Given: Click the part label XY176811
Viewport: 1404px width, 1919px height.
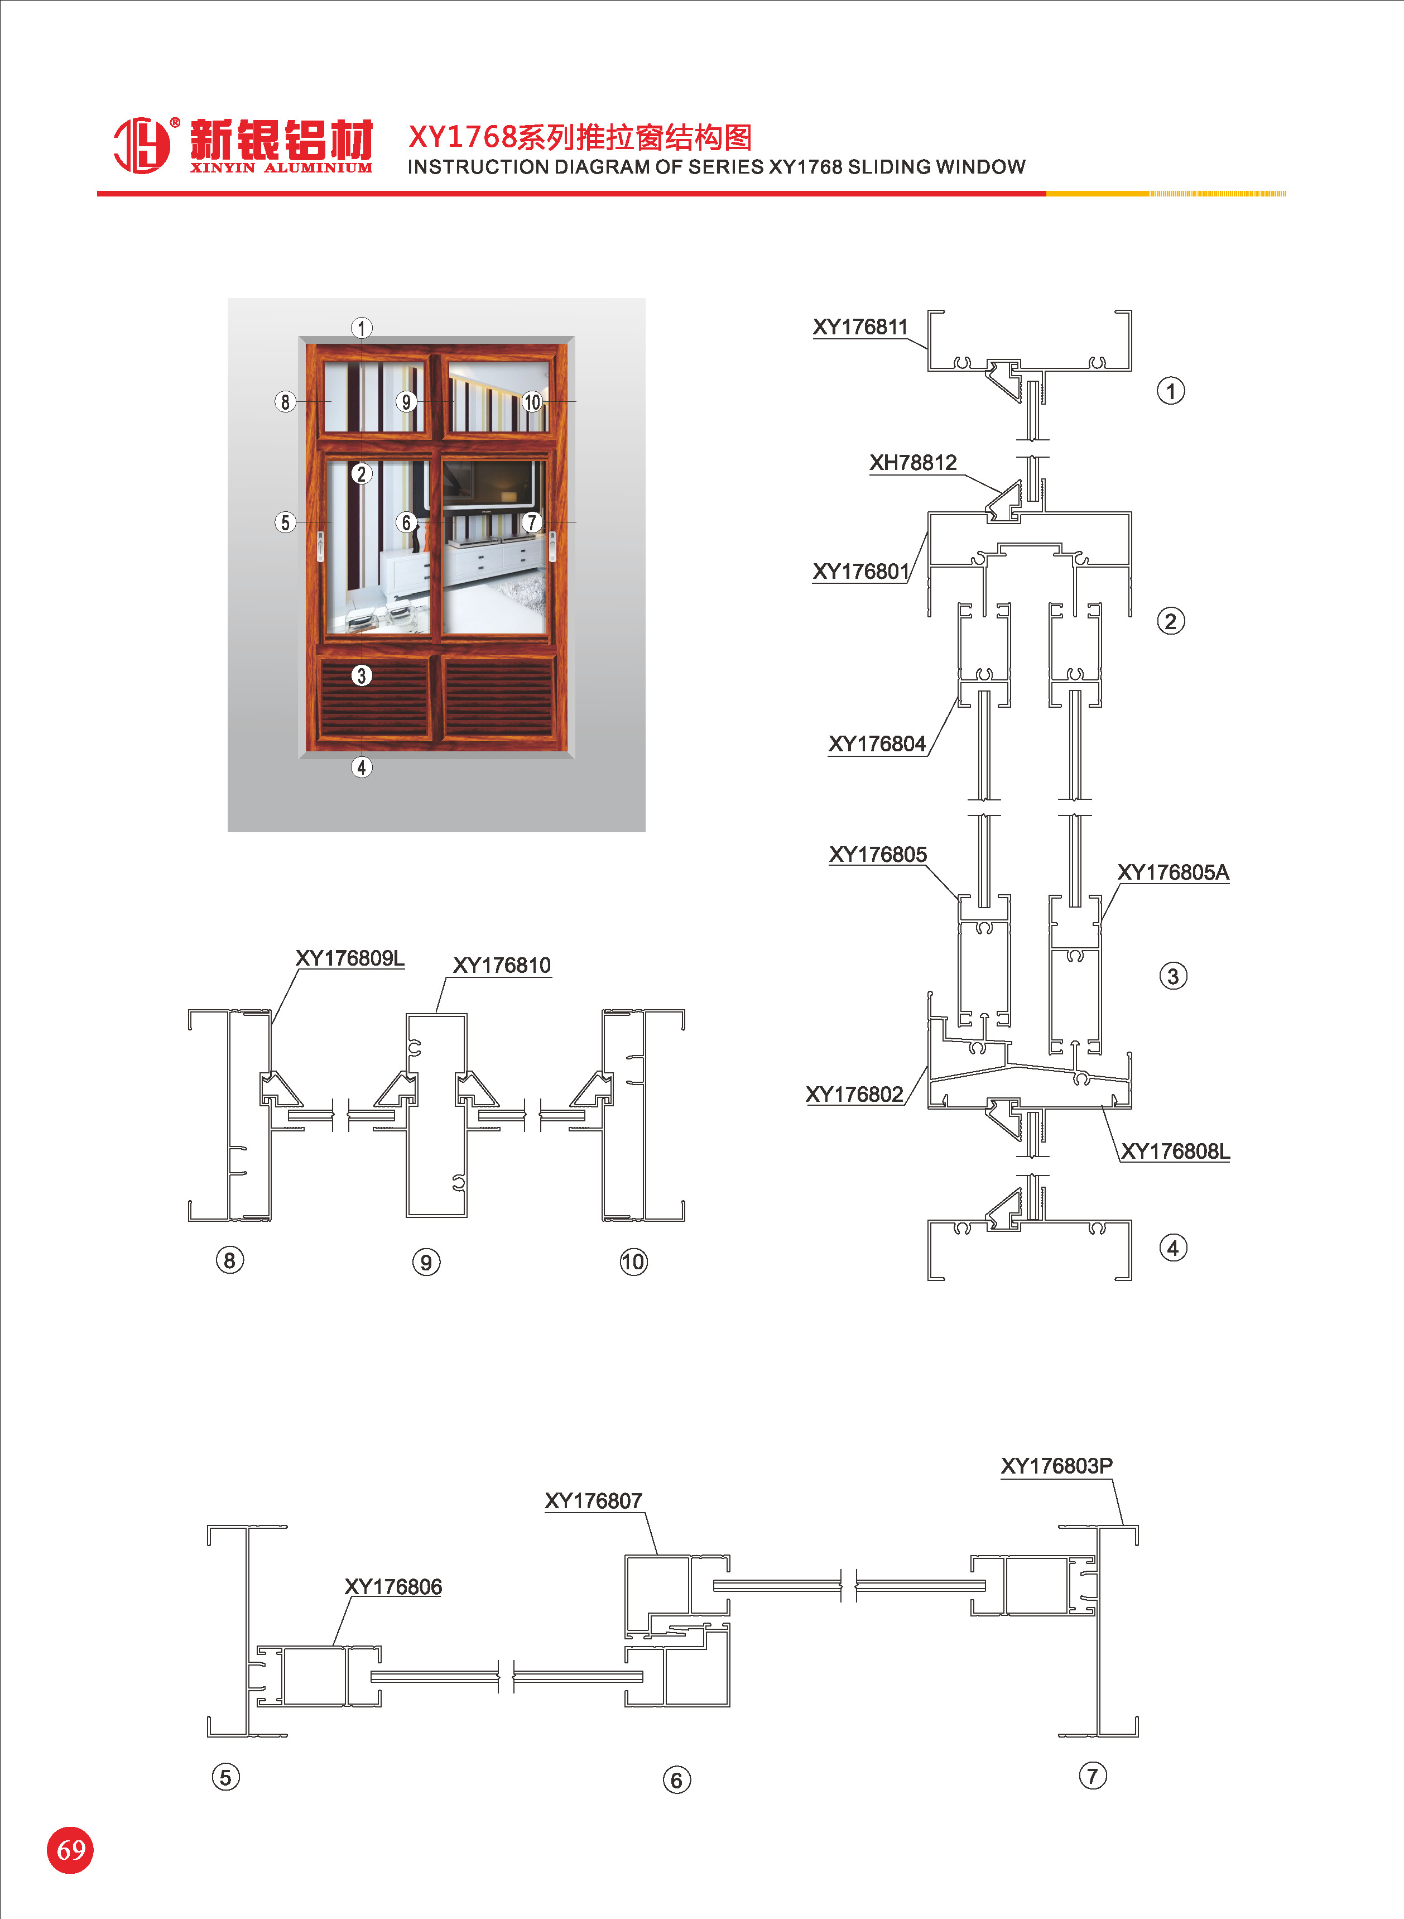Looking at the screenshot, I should (860, 327).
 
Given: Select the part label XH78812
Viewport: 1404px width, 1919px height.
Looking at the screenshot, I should (913, 463).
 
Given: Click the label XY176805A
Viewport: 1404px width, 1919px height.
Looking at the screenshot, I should (1173, 873).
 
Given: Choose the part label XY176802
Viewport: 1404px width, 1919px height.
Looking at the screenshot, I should (854, 1095).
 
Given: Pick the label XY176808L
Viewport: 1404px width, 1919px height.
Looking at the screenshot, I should (1175, 1152).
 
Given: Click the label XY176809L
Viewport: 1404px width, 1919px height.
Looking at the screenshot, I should (349, 958).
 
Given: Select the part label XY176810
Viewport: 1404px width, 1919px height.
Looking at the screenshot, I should (502, 966).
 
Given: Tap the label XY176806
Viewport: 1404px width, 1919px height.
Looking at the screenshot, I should (393, 1587).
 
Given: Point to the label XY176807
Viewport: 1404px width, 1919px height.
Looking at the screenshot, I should (593, 1501).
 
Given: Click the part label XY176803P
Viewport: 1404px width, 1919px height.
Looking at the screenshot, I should (1056, 1466).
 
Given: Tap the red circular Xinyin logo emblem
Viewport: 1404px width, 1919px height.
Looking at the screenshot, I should (141, 145).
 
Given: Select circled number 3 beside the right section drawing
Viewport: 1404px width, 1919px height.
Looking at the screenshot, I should (1173, 976).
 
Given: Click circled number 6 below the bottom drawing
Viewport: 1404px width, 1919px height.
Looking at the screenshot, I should (676, 1779).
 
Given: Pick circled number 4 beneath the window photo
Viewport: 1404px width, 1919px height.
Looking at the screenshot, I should (361, 767).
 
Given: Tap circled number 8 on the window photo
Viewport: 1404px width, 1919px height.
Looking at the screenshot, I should (285, 401).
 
